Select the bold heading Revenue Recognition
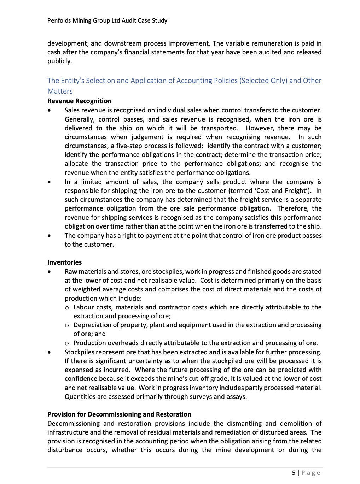pyautogui.click(x=79, y=101)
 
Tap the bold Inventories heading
pyautogui.click(x=64, y=262)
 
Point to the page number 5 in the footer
pyautogui.click(x=294, y=473)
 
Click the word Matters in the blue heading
pyautogui.click(x=60, y=91)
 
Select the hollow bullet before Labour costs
pyautogui.click(x=67, y=308)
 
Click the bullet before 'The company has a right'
pyautogui.click(x=49, y=236)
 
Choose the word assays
pyautogui.click(x=236, y=397)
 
